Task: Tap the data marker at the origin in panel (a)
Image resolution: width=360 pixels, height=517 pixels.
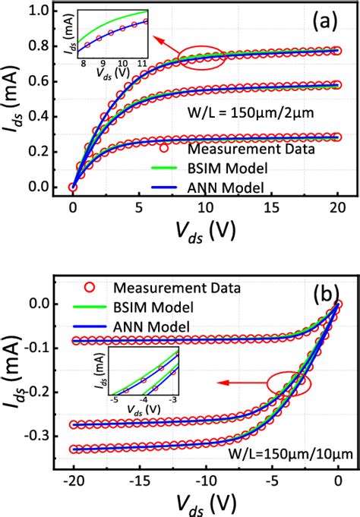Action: coord(72,187)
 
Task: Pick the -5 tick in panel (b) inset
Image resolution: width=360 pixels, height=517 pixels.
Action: coord(114,397)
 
